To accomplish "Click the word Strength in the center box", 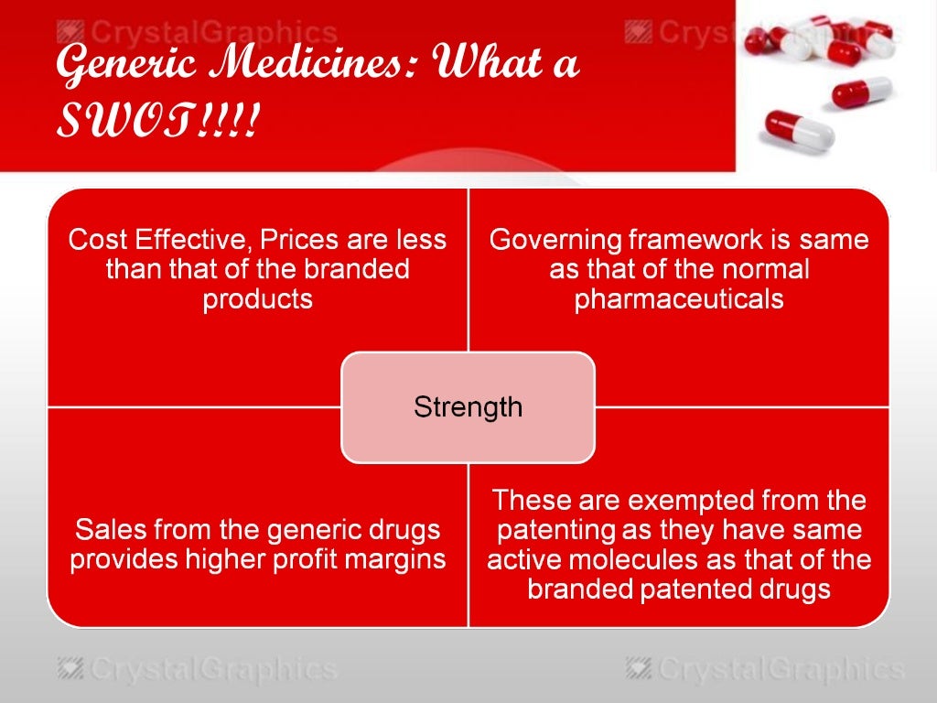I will [468, 406].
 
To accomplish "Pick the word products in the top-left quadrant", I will [257, 299].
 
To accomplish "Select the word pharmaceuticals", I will [679, 299].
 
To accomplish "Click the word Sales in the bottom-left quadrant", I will [108, 529].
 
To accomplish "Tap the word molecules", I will [696, 558].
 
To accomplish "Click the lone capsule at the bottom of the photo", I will [800, 127].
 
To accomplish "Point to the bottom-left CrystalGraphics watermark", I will [196, 669].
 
